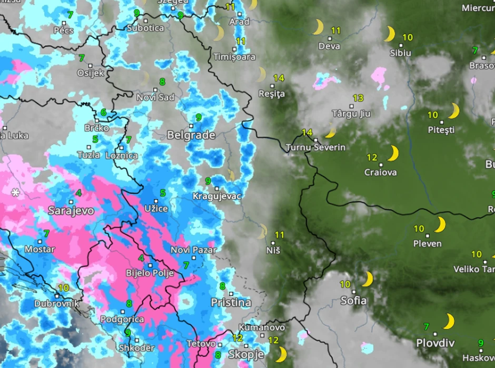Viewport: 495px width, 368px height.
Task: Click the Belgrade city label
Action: pyautogui.click(x=191, y=135)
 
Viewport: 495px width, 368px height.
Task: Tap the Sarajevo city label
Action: pyautogui.click(x=71, y=211)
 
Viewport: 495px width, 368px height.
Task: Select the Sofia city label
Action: pyautogui.click(x=353, y=301)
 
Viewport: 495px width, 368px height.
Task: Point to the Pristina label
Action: pyautogui.click(x=231, y=302)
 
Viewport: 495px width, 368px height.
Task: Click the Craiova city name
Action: pyautogui.click(x=380, y=172)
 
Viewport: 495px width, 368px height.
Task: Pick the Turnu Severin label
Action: pyautogui.click(x=315, y=147)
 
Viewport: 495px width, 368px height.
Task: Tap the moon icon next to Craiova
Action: pyautogui.click(x=392, y=154)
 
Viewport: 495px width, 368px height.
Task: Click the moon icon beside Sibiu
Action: pyautogui.click(x=389, y=34)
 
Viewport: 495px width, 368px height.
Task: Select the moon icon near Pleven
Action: pyautogui.click(x=439, y=225)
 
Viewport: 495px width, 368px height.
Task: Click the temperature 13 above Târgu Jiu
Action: pyautogui.click(x=358, y=98)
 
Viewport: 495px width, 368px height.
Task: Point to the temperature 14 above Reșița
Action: pyautogui.click(x=279, y=78)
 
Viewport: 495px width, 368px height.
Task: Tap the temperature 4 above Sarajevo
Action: pyautogui.click(x=78, y=193)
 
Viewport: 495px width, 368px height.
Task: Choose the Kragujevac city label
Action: pyautogui.click(x=216, y=196)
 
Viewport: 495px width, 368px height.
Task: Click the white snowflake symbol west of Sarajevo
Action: pyautogui.click(x=16, y=193)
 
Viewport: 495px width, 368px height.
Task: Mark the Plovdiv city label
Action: pyautogui.click(x=435, y=343)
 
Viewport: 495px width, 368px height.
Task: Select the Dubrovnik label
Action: pyautogui.click(x=56, y=304)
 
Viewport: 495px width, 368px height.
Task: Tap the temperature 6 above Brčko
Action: pyautogui.click(x=103, y=113)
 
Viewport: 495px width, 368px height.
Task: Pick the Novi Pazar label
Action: pyautogui.click(x=193, y=250)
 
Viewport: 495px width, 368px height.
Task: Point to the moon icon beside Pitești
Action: pyautogui.click(x=453, y=111)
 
